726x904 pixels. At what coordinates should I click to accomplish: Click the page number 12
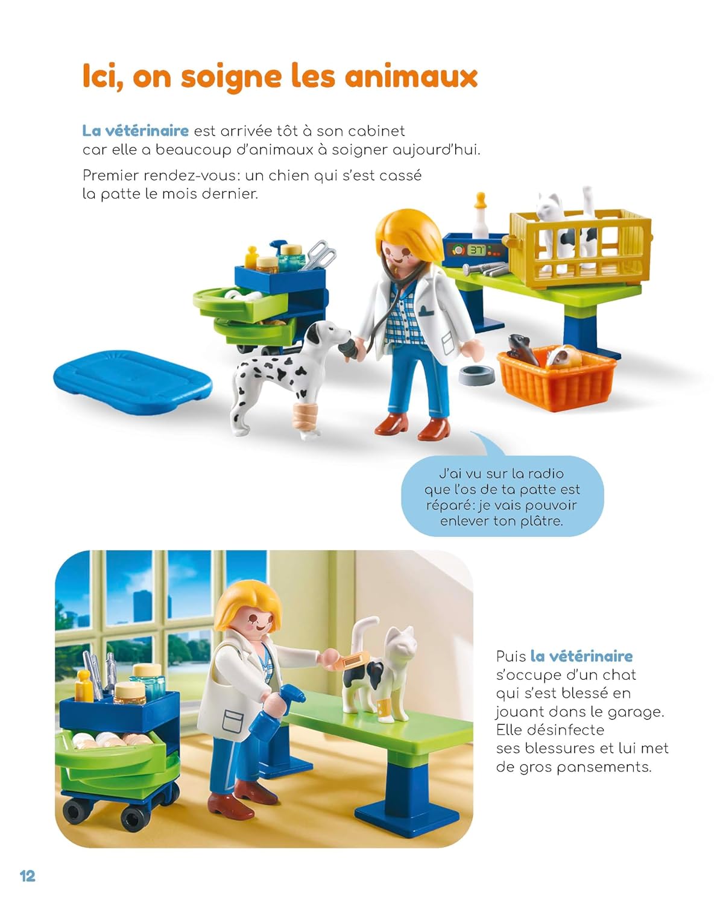click(27, 876)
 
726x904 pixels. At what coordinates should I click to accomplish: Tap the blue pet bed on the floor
click(133, 382)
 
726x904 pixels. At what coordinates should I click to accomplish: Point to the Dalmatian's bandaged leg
click(303, 416)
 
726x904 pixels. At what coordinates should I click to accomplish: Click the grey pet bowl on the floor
click(477, 375)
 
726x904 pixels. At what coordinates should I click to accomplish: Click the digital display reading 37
click(476, 250)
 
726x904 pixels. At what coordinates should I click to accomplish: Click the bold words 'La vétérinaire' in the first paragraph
click(135, 131)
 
